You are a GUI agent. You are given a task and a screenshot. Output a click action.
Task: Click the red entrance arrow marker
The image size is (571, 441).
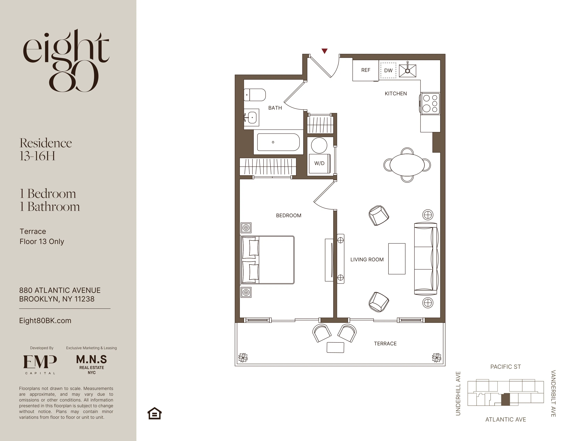325,51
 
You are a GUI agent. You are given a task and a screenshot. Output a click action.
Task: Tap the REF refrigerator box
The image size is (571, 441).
366,70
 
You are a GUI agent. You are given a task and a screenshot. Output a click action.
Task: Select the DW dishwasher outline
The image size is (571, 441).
388,70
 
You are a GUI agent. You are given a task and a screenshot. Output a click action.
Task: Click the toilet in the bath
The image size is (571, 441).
255,95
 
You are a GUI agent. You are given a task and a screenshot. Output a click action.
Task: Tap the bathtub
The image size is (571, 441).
278,142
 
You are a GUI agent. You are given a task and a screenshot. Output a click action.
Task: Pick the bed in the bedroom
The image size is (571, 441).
268,260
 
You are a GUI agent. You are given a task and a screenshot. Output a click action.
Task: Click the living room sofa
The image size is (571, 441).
425,259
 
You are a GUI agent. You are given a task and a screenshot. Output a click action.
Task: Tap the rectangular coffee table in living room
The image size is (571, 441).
397,259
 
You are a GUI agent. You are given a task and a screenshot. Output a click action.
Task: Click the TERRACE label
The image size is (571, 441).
385,344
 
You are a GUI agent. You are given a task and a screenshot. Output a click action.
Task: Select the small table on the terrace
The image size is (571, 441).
335,347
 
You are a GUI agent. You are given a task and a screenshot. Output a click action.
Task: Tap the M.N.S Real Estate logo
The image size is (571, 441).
92,364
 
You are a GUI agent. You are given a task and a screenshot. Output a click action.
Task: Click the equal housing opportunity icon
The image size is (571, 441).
155,413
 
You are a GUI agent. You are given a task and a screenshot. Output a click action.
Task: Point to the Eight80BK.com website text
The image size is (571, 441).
45,321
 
